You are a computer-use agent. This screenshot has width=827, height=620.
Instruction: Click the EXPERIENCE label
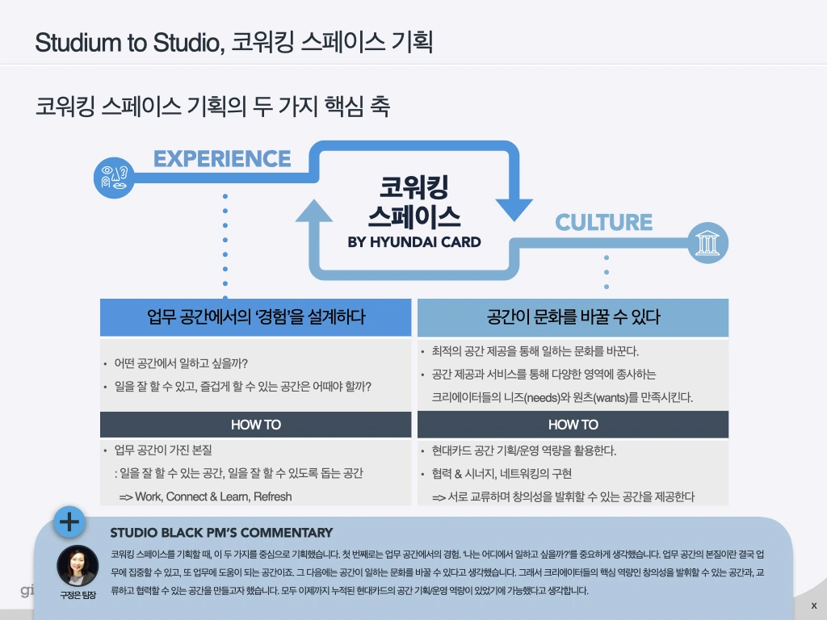pos(222,158)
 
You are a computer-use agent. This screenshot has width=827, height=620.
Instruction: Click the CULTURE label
pos(603,222)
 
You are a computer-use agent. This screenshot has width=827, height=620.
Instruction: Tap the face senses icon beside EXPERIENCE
pos(115,177)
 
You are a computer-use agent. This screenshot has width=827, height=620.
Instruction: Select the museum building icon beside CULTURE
pos(707,242)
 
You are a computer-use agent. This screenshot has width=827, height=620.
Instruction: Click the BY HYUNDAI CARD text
pos(413,241)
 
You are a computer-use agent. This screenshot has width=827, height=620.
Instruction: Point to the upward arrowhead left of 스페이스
pos(314,212)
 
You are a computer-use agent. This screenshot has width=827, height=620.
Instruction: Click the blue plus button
pos(69,522)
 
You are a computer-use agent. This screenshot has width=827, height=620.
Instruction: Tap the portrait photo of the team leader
pos(78,566)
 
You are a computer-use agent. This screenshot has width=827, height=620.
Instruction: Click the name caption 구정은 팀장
pos(78,596)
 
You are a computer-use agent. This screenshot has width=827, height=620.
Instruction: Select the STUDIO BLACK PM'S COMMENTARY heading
pos(221,533)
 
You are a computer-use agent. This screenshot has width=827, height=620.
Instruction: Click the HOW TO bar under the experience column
pos(255,425)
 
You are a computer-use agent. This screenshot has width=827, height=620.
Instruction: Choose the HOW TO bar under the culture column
pos(573,425)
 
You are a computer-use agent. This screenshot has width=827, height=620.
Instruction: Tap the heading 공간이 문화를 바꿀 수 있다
pos(573,317)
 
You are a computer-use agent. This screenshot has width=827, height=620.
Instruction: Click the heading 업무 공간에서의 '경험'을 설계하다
pos(255,317)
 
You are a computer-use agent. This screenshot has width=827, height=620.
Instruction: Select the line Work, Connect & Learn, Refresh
pos(205,496)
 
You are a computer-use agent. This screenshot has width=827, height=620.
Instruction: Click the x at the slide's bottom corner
pos(813,605)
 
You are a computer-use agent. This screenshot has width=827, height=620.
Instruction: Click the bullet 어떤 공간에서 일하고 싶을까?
pos(181,363)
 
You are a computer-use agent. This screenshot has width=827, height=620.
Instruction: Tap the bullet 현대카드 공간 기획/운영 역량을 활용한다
pos(524,450)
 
